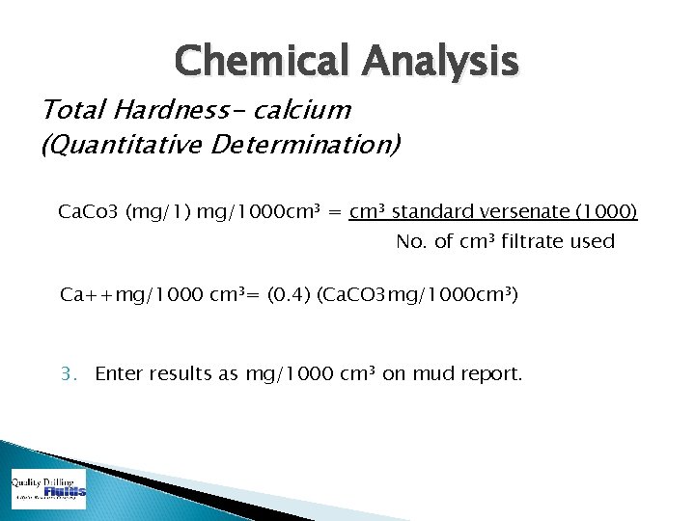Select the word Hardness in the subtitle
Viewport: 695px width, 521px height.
(159, 110)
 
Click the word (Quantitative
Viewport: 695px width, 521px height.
(107, 147)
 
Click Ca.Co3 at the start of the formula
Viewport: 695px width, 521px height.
(91, 210)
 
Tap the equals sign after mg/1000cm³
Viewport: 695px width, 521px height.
(333, 210)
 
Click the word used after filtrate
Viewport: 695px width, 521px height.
(593, 241)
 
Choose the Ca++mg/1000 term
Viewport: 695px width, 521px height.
(132, 293)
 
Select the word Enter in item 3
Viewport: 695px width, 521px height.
(119, 372)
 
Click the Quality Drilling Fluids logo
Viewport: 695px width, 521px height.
(48, 489)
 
